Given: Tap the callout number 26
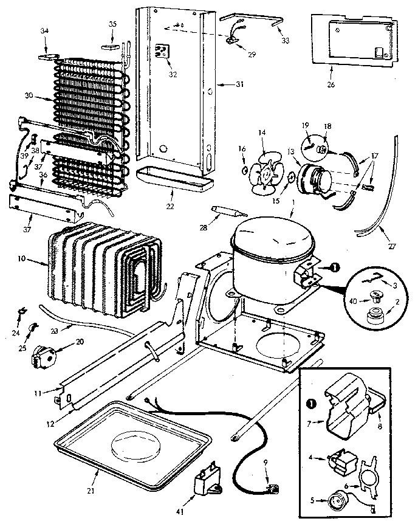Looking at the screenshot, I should (330, 84).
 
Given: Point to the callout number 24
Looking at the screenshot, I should (15, 333).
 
